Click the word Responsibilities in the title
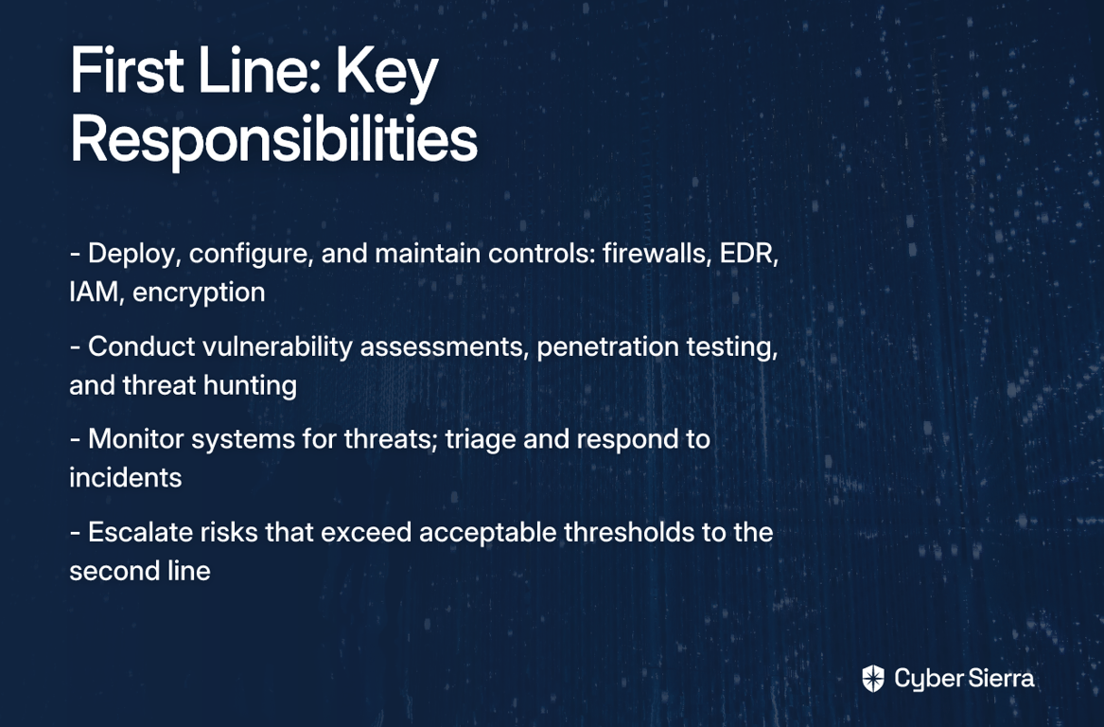[274, 140]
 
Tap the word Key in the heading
[387, 73]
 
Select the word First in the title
[127, 70]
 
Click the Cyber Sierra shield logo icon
[873, 679]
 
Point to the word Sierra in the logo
[1001, 679]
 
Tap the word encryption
[199, 293]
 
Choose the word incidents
[125, 478]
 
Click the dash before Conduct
[75, 348]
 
